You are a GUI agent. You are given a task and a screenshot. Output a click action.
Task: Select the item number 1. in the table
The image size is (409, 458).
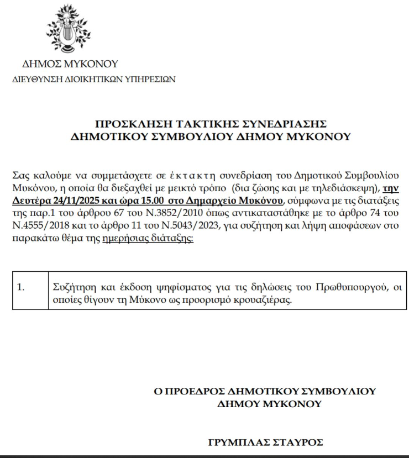[x=22, y=287]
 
